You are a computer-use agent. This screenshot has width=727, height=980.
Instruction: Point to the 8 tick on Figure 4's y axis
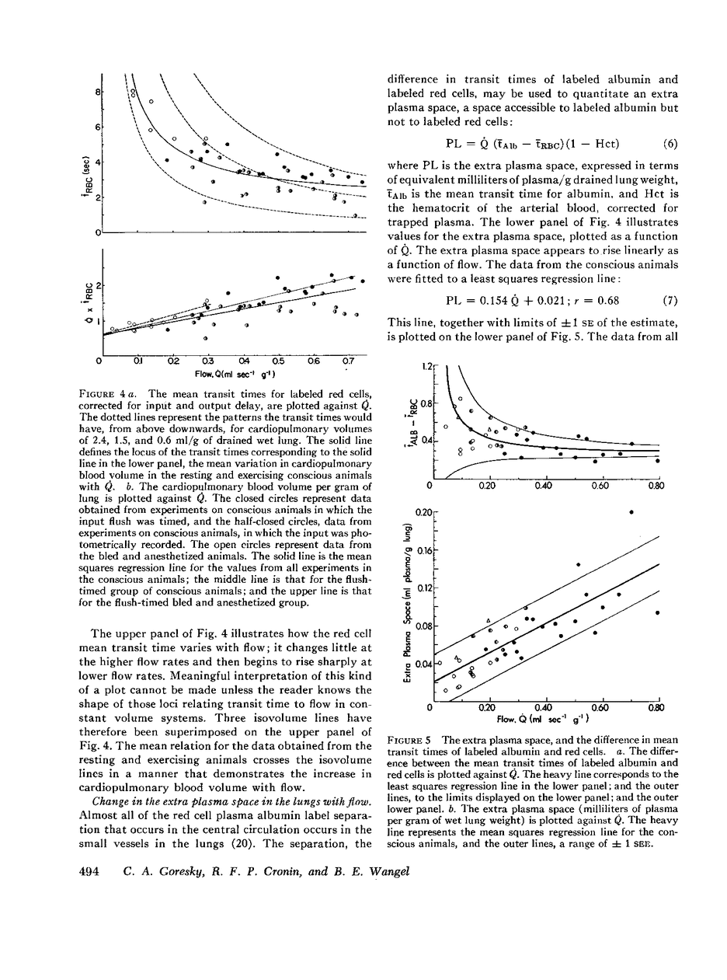[97, 92]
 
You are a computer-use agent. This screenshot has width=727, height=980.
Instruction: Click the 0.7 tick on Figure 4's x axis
[348, 361]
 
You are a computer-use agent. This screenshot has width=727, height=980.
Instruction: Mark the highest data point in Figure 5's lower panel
[631, 511]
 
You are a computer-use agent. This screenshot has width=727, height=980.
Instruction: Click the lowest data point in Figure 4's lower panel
[205, 339]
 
